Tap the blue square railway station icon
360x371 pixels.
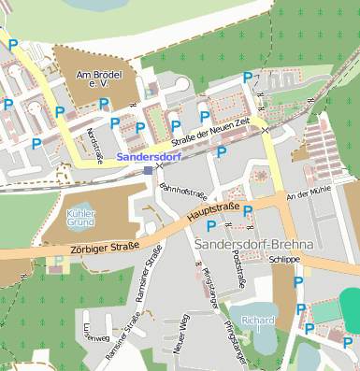coord(148,170)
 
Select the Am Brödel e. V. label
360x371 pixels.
coord(94,78)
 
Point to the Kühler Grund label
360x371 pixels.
coord(82,219)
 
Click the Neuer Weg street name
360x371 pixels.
coord(181,335)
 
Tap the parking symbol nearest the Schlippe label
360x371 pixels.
coord(298,281)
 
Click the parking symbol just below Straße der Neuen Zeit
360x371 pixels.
coord(222,151)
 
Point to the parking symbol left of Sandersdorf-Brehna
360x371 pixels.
coord(211,226)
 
